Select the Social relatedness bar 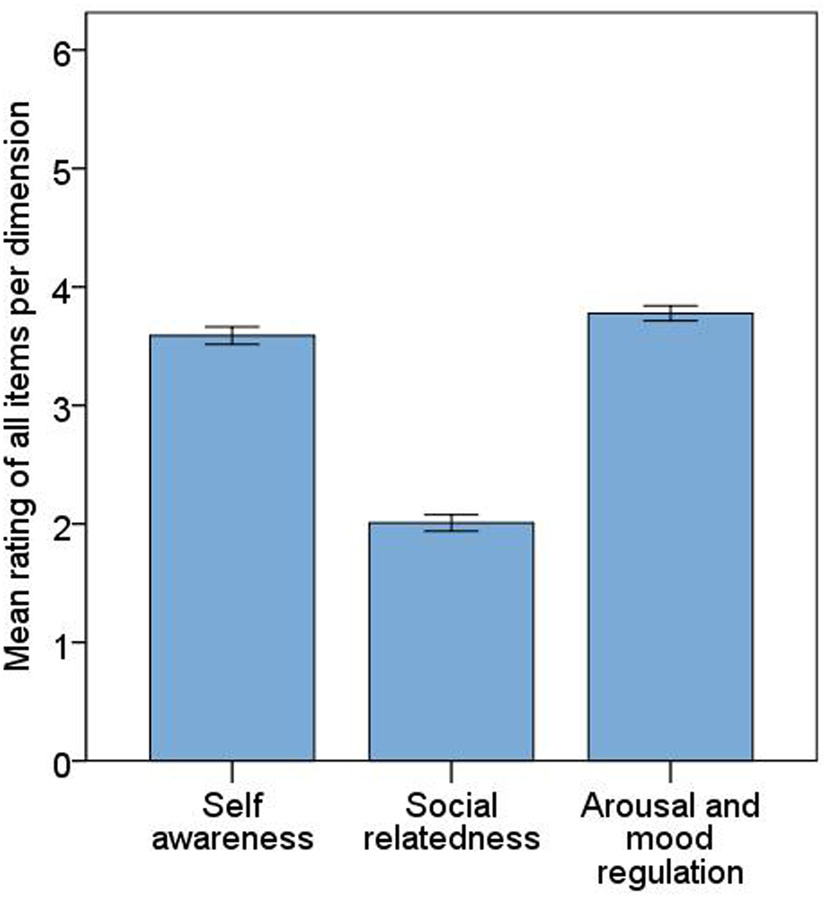451,641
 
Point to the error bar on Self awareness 232,335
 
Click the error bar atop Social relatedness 451,522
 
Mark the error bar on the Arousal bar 670,313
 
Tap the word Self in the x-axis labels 232,805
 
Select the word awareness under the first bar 232,838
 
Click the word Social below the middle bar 451,805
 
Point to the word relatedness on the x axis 451,838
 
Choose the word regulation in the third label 670,871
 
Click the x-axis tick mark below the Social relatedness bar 451,771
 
